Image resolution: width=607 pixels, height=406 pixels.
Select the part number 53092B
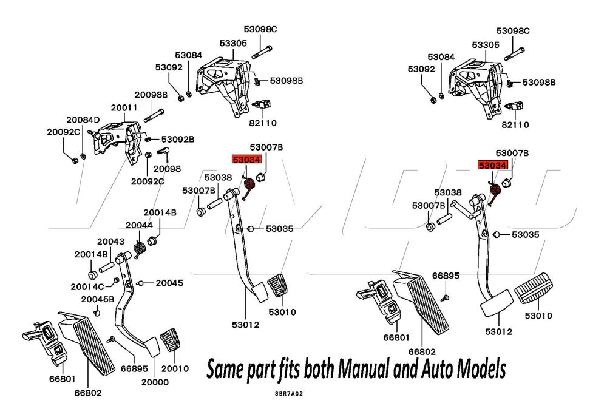click(177, 139)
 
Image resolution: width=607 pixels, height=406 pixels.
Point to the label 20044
click(139, 225)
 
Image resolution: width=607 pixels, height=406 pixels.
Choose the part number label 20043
click(110, 242)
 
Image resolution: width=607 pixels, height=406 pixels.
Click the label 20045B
click(97, 299)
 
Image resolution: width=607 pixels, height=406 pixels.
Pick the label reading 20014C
click(89, 286)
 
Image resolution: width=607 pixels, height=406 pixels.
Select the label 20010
click(174, 368)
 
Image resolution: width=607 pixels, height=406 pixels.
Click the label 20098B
click(151, 95)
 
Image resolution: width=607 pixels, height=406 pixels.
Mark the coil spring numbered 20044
click(140, 248)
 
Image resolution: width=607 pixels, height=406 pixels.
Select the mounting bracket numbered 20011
click(115, 139)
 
